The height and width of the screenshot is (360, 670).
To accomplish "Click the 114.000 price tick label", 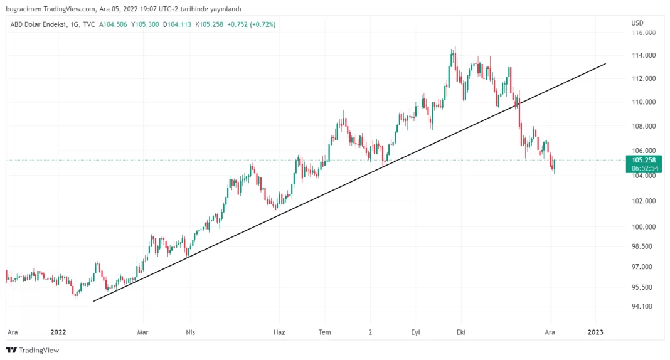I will (644, 55).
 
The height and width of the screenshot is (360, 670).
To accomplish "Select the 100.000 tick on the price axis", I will (644, 226).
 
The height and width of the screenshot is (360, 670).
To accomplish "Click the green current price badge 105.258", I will (644, 160).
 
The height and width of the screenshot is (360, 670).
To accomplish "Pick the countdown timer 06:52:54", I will (644, 168).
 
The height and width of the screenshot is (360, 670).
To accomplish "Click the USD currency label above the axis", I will (637, 24).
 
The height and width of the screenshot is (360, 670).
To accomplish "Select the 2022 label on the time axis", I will (58, 332).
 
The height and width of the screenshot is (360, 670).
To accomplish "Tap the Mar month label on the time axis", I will (143, 332).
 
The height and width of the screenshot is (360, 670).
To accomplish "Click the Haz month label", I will (280, 332).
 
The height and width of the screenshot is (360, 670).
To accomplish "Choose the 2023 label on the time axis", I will (595, 332).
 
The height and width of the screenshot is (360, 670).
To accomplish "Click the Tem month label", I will (324, 332).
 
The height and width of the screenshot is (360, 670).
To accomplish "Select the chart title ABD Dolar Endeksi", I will (35, 24).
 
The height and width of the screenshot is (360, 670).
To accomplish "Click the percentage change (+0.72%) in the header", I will (260, 24).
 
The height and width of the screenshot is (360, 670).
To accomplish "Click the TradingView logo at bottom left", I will (33, 350).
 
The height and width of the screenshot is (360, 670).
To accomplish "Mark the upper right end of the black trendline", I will (605, 63).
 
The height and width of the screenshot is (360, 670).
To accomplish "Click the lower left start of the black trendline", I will (93, 301).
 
